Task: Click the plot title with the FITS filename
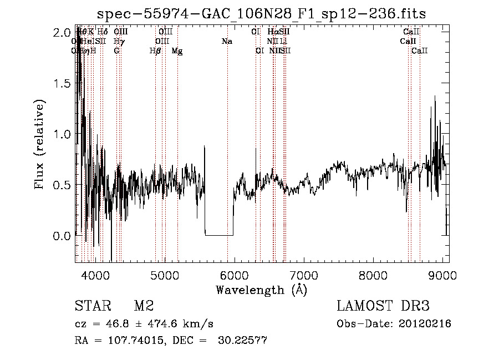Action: [x=261, y=14]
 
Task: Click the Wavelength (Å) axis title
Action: [x=261, y=290]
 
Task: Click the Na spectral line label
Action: [x=226, y=42]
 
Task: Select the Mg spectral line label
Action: [x=177, y=51]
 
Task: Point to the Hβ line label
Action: [x=155, y=51]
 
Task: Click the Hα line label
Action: [x=272, y=32]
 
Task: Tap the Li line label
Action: [x=283, y=42]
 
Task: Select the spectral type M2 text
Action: [x=143, y=306]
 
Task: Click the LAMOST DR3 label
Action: [x=383, y=306]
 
